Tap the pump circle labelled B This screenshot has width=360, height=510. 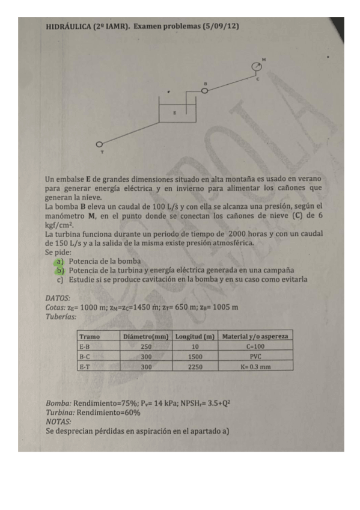click(x=206, y=90)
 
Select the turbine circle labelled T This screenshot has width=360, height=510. click(x=100, y=144)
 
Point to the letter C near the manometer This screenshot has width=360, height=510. click(x=258, y=79)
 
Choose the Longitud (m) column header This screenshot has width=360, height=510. click(x=195, y=336)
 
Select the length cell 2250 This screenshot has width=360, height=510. click(x=195, y=366)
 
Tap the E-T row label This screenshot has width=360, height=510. click(x=85, y=366)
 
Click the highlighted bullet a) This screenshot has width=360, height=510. click(x=60, y=262)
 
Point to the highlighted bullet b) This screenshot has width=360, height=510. click(x=60, y=271)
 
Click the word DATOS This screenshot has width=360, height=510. click(x=58, y=298)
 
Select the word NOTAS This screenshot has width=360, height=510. click(x=58, y=422)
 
